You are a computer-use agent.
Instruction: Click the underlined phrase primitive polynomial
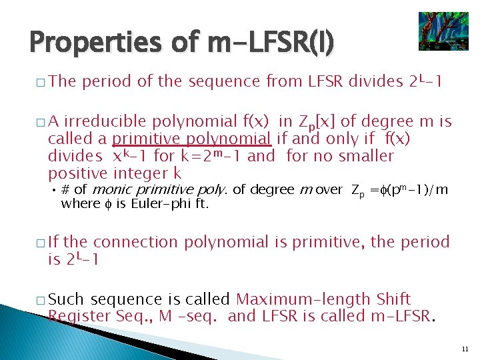point(191,139)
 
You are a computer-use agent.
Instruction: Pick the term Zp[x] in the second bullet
point(316,122)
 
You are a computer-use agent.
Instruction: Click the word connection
point(135,242)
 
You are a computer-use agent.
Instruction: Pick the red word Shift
point(393,299)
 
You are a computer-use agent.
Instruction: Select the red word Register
point(79,316)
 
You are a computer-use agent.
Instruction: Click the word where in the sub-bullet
point(77,204)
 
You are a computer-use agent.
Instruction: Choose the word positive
point(77,174)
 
